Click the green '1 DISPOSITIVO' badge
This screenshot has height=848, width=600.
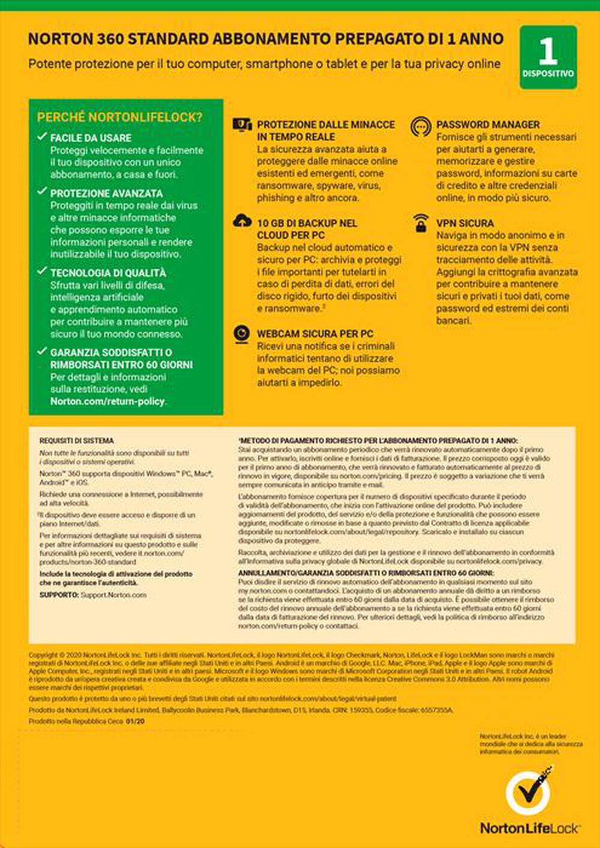pos(548,58)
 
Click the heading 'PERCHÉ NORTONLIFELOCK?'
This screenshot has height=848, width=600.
pos(119,118)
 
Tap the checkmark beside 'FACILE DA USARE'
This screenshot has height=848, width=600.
pos(41,137)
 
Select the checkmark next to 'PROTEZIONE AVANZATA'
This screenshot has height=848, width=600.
pos(41,192)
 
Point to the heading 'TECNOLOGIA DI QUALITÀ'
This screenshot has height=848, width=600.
pos(108,273)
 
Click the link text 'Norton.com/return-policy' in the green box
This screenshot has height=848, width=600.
pos(107,401)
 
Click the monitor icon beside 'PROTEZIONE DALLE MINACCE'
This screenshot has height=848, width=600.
pos(242,125)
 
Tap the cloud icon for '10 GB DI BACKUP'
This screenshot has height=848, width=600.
pos(242,221)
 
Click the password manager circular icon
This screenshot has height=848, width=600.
pos(421,126)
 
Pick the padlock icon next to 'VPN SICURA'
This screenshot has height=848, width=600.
pos(421,223)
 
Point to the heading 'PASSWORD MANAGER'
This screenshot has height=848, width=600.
pos(488,125)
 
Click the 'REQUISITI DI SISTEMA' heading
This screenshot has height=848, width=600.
pos(76,440)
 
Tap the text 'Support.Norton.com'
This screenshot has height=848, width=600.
pos(113,595)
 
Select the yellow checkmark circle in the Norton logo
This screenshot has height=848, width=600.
pos(527,792)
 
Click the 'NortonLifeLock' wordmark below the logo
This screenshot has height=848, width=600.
pos(529,828)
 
